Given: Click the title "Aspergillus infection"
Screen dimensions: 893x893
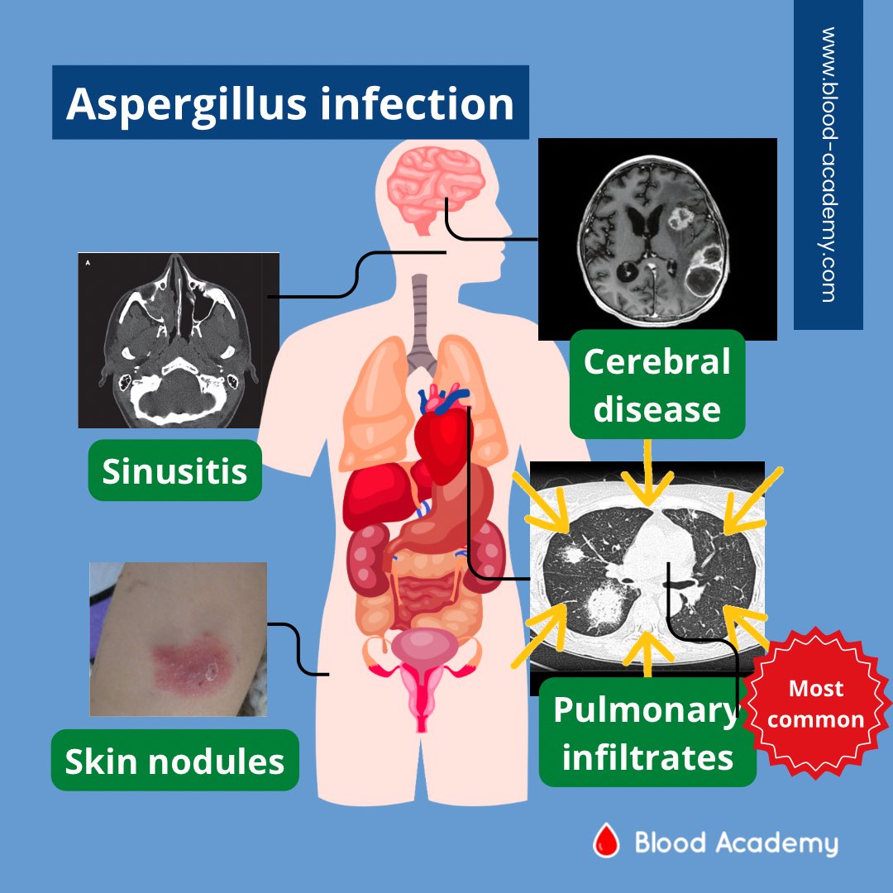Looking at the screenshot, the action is [289, 103].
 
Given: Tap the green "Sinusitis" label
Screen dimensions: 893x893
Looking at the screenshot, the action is [174, 470].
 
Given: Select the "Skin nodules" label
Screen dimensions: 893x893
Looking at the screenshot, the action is [174, 761].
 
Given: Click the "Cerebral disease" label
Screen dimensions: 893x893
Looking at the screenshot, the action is [657, 384].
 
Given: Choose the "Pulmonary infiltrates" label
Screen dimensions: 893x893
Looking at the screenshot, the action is [647, 733].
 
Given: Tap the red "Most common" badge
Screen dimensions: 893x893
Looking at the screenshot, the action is [815, 704].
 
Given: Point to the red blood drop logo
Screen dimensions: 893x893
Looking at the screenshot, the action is [606, 843].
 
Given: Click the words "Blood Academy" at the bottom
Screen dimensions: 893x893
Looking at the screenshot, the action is [736, 843].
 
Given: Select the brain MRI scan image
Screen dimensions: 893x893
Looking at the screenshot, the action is [657, 239].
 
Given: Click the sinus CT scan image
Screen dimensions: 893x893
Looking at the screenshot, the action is [179, 340].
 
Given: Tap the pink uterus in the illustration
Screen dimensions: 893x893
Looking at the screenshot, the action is [426, 661].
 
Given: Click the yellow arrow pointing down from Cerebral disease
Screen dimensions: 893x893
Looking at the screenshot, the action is [647, 471].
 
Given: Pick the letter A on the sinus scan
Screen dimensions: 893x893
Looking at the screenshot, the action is [88, 264].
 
